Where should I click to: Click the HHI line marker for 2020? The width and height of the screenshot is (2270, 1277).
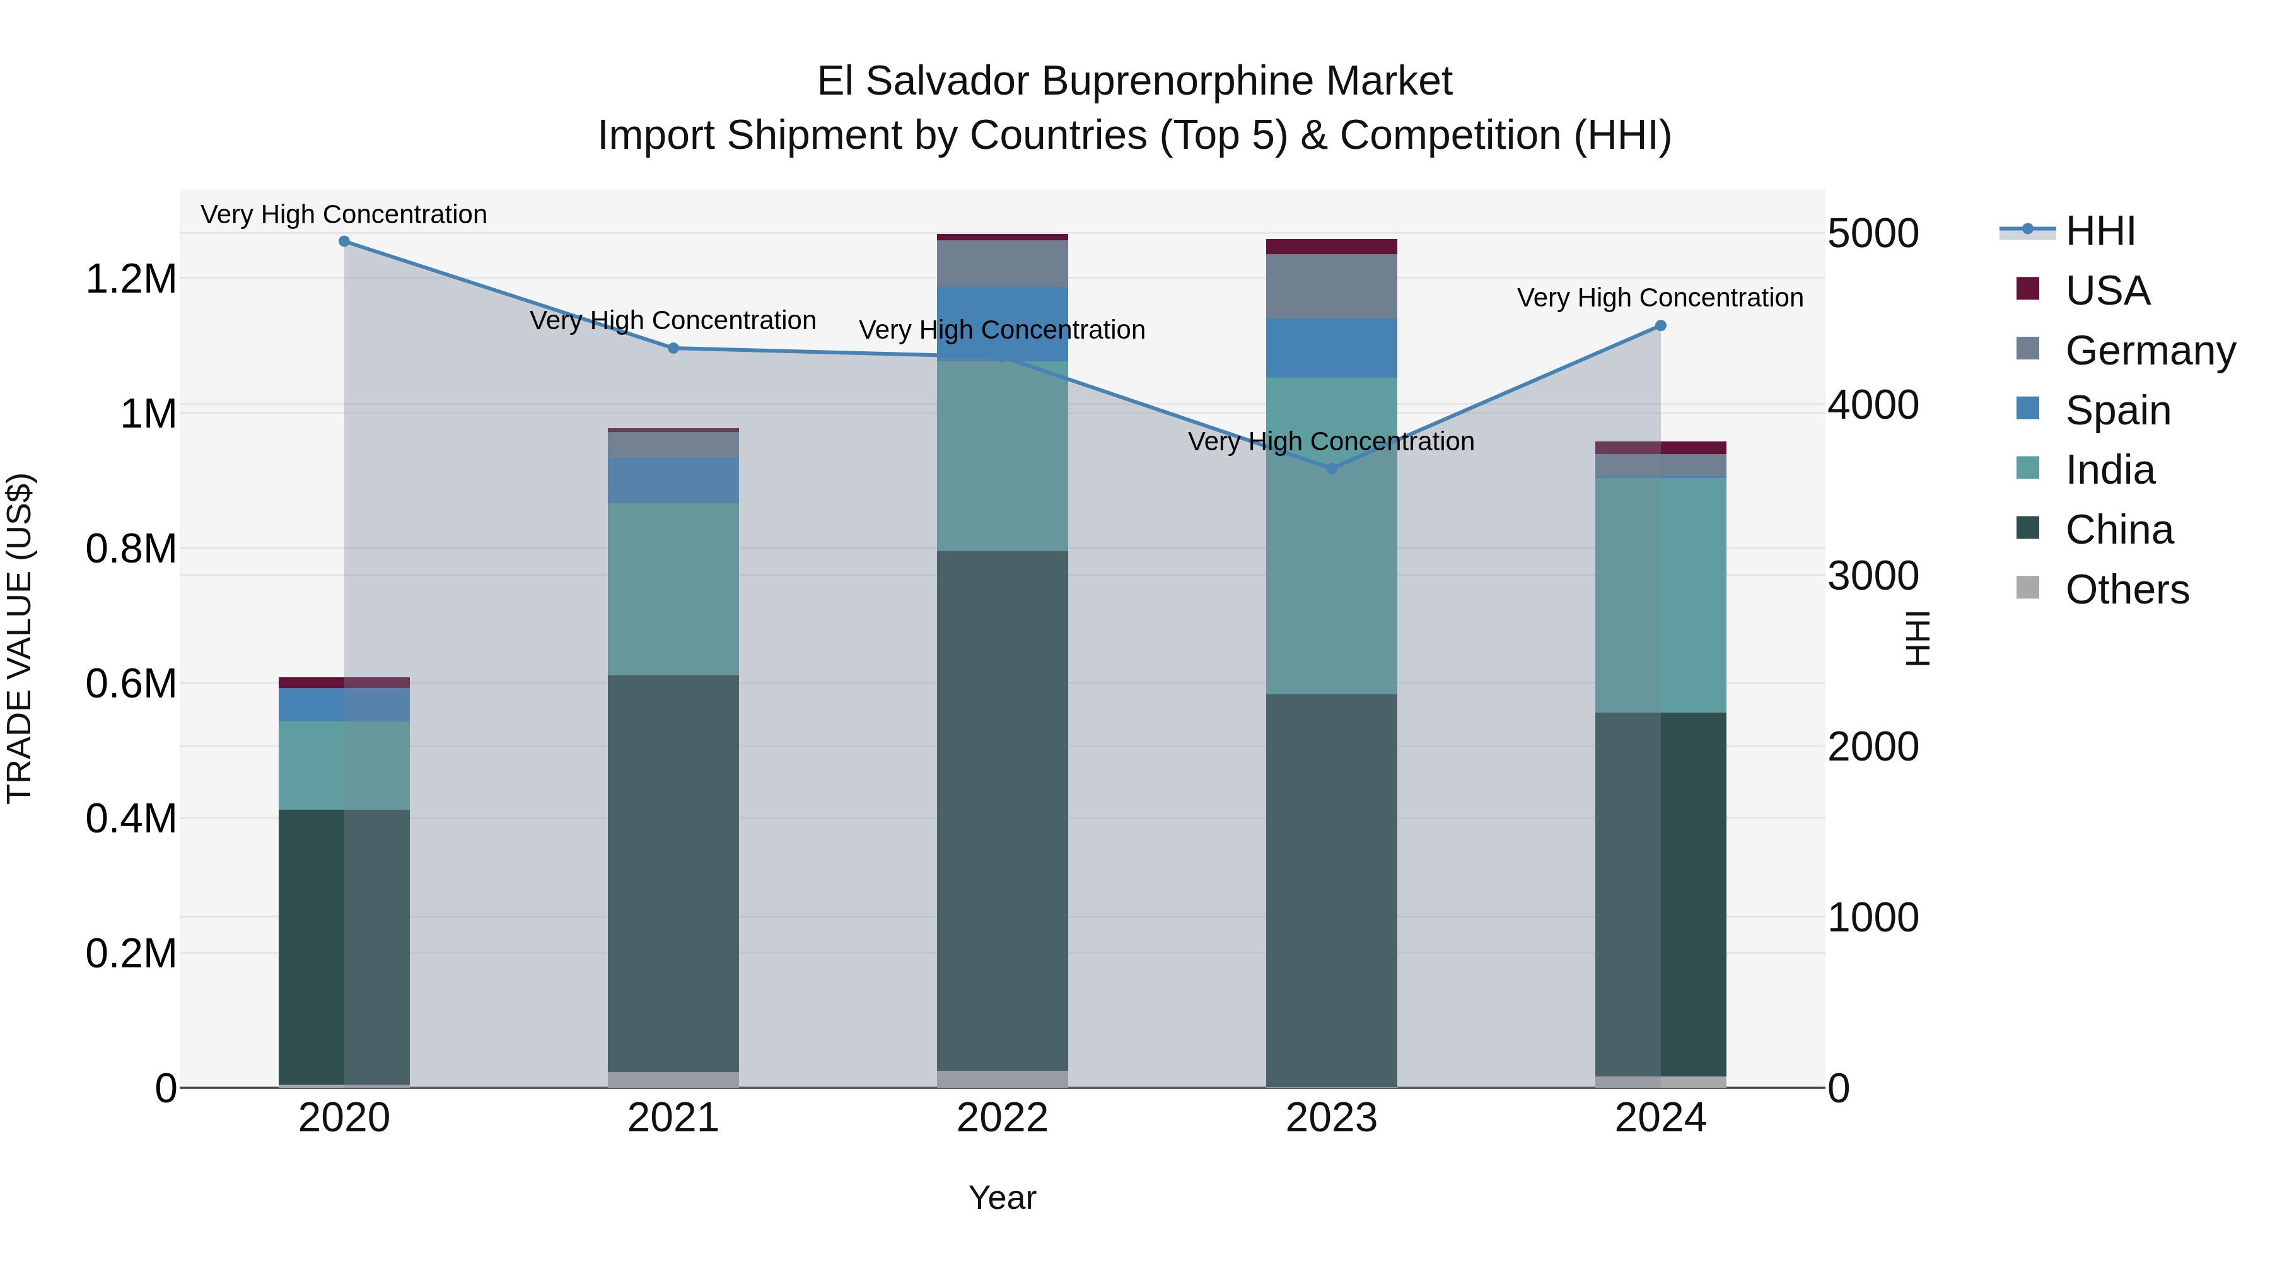pyautogui.click(x=344, y=242)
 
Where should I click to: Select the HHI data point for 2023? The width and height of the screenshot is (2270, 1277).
pyautogui.click(x=1332, y=469)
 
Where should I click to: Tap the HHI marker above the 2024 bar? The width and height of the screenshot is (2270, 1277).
pyautogui.click(x=1660, y=326)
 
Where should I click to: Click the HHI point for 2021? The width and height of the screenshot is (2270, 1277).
pyautogui.click(x=673, y=348)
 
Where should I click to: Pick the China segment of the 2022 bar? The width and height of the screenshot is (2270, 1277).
pyautogui.click(x=1002, y=811)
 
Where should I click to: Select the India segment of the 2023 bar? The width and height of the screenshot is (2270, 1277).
pyautogui.click(x=1332, y=536)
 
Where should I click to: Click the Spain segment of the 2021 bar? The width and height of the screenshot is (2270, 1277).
pyautogui.click(x=673, y=481)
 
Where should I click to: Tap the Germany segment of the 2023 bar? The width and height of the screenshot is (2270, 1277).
pyautogui.click(x=1332, y=286)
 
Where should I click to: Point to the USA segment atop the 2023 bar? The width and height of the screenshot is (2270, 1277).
pyautogui.click(x=1332, y=247)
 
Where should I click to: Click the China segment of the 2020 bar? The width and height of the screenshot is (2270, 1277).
pyautogui.click(x=344, y=947)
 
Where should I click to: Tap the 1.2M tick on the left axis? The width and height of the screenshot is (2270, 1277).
pyautogui.click(x=131, y=279)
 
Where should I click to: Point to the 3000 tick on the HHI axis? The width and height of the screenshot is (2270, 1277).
pyautogui.click(x=1873, y=576)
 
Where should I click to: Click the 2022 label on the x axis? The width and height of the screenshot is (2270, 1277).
pyautogui.click(x=1002, y=1118)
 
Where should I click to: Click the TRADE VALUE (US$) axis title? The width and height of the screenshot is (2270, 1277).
pyautogui.click(x=20, y=638)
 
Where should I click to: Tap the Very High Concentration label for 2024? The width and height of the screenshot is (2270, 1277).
pyautogui.click(x=1660, y=298)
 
